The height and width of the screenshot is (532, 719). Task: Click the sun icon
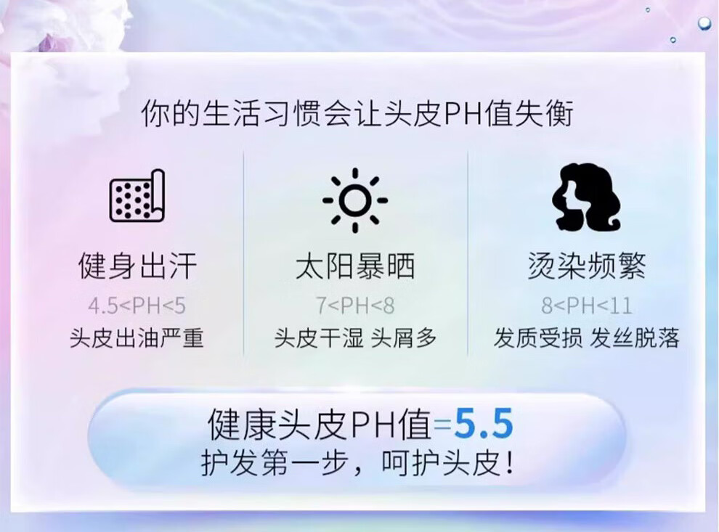pyautogui.click(x=355, y=200)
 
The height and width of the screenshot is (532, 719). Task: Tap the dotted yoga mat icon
pyautogui.click(x=137, y=196)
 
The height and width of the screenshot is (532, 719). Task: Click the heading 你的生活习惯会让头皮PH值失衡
pyautogui.click(x=357, y=112)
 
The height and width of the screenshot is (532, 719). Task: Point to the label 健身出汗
pyautogui.click(x=137, y=266)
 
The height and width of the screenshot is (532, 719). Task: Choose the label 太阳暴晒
pyautogui.click(x=355, y=266)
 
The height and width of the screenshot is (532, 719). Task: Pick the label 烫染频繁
pyautogui.click(x=587, y=266)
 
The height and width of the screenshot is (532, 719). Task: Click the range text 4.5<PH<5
pyautogui.click(x=137, y=306)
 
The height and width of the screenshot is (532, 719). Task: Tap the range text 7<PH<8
pyautogui.click(x=355, y=306)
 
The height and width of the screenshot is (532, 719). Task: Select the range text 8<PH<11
pyautogui.click(x=587, y=306)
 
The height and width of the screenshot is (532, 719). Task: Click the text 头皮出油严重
pyautogui.click(x=137, y=338)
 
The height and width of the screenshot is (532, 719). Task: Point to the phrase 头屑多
pyautogui.click(x=404, y=338)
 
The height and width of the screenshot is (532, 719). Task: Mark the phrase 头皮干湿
pyautogui.click(x=319, y=338)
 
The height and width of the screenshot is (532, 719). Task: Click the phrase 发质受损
pyautogui.click(x=538, y=338)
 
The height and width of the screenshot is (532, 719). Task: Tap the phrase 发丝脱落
pyautogui.click(x=635, y=338)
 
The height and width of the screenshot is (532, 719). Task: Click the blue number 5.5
pyautogui.click(x=484, y=425)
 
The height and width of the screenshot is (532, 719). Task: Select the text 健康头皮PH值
pyautogui.click(x=320, y=425)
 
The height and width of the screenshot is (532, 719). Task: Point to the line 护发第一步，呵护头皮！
pyautogui.click(x=357, y=463)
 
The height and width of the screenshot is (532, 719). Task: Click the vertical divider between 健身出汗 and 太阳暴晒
pyautogui.click(x=243, y=253)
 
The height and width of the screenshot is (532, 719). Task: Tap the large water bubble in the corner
pyautogui.click(x=704, y=24)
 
